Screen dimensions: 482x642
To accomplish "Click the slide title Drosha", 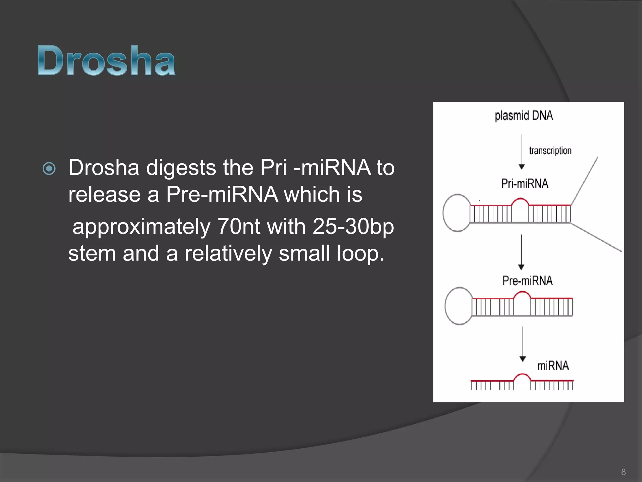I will pos(107,60).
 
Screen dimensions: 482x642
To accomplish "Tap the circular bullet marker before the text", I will pos(49,169).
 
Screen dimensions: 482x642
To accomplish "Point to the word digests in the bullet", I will pos(181,168).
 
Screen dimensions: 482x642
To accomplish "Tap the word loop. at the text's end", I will pos(360,254).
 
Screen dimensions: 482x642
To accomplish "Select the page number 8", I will pos(623,472).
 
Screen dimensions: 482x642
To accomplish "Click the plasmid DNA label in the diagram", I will pos(524,115).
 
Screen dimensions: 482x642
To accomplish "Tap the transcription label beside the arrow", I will pos(550,151).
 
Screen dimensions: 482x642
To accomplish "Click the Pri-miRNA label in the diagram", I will pos(524,184).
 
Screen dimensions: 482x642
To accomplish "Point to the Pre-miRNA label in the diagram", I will pos(527,281).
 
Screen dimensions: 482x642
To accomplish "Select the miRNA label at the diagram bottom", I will pos(553,366).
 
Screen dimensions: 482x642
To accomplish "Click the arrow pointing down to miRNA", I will pos(523,344).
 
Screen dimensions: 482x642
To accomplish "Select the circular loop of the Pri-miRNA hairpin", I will pos(457,213).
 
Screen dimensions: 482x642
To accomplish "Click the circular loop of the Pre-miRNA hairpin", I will pos(459,306).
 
